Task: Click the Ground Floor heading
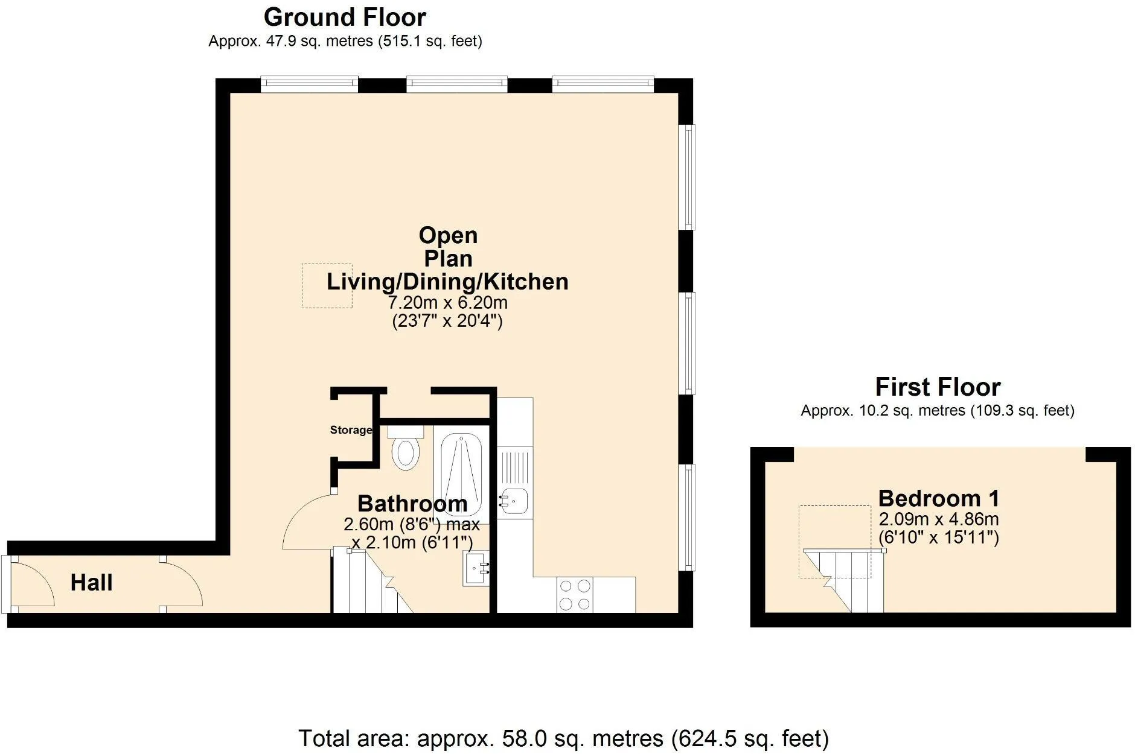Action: click(x=345, y=17)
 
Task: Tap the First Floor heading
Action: click(x=938, y=387)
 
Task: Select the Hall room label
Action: click(x=92, y=583)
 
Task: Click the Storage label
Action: click(x=351, y=430)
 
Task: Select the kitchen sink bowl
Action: click(x=513, y=501)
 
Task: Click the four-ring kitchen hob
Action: click(x=575, y=595)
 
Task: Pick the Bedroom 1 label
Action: click(x=939, y=498)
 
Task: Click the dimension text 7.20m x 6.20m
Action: click(x=447, y=302)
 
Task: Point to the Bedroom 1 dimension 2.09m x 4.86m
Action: click(x=939, y=519)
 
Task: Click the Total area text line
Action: click(x=564, y=738)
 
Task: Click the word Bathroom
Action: click(x=412, y=504)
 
